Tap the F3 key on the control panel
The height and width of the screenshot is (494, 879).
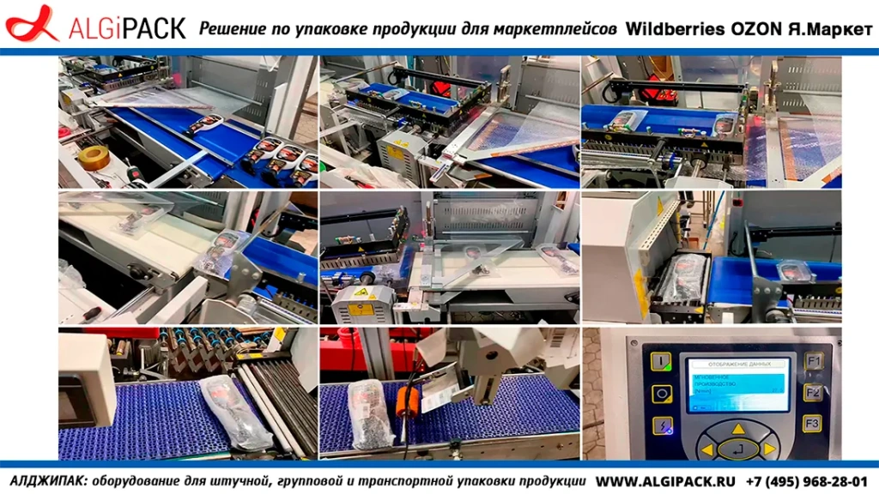[812, 423]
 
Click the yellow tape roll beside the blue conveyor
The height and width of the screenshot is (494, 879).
[94, 157]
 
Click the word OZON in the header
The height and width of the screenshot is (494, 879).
[755, 29]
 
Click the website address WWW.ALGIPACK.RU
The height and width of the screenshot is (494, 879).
[666, 481]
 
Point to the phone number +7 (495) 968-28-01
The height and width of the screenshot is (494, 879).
[807, 481]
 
